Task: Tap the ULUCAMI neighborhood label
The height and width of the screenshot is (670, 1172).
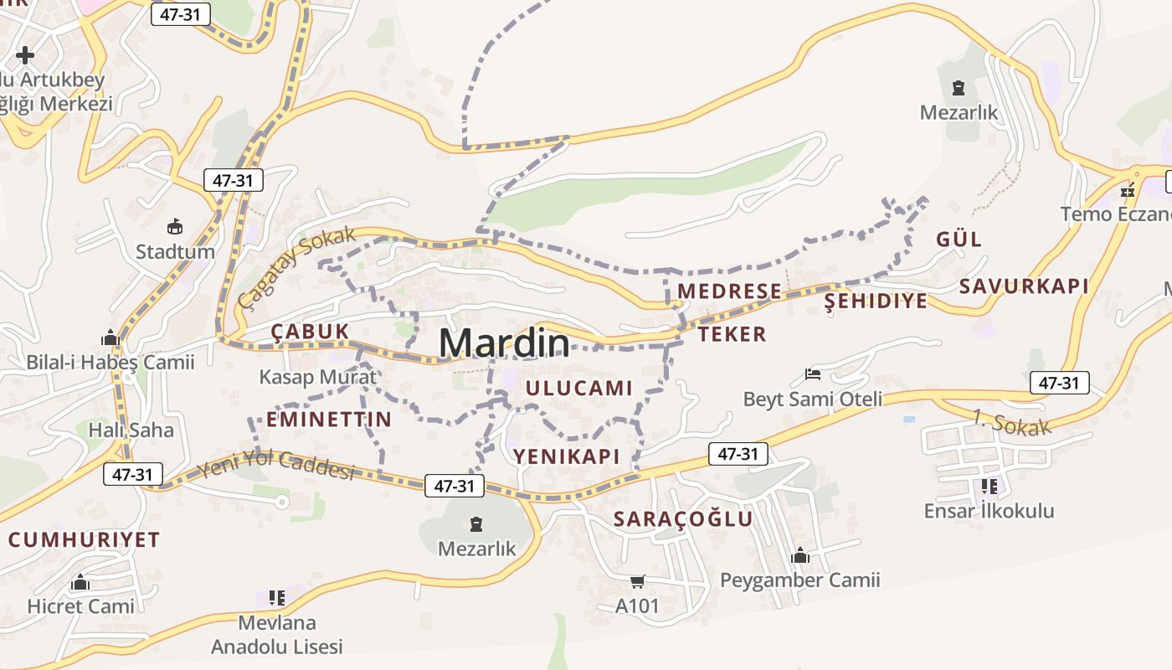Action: [578, 388]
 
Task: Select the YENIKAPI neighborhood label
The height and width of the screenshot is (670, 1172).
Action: [567, 456]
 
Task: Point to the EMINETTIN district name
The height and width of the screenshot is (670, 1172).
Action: [329, 420]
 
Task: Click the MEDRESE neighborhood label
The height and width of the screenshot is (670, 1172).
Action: [729, 291]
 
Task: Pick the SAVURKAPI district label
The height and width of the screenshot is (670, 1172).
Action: [1024, 286]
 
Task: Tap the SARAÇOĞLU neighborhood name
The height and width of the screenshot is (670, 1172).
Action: [683, 519]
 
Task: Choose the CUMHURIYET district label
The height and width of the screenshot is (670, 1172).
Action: [84, 540]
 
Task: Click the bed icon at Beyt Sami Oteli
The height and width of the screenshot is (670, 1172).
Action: [812, 374]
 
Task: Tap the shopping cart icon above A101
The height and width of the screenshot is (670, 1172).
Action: [638, 581]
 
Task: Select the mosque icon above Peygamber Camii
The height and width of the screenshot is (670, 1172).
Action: [800, 555]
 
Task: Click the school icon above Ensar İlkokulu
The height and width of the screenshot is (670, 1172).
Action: [989, 486]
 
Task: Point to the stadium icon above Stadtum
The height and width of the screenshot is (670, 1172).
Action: [175, 226]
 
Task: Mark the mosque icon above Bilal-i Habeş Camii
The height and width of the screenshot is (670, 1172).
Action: [110, 338]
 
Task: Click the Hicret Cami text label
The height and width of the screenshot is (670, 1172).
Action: [80, 606]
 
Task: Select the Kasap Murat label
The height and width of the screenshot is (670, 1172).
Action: [318, 377]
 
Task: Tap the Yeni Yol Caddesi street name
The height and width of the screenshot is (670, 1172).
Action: [276, 466]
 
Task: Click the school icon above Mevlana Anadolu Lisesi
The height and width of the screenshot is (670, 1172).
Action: [277, 598]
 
